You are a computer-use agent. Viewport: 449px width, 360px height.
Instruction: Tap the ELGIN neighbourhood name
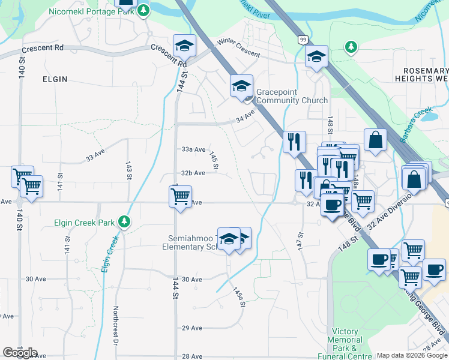click(x=55, y=79)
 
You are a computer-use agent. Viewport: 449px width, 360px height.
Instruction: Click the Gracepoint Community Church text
click(x=292, y=96)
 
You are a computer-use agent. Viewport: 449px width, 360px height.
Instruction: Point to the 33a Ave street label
click(x=193, y=149)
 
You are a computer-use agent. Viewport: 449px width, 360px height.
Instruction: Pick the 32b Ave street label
click(x=193, y=173)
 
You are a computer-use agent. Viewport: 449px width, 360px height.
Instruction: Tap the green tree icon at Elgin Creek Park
click(x=124, y=222)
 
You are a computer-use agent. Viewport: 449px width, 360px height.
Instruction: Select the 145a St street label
click(x=239, y=296)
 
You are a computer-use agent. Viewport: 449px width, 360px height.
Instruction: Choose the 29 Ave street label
click(x=191, y=328)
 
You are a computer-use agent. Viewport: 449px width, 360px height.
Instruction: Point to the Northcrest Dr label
click(x=115, y=326)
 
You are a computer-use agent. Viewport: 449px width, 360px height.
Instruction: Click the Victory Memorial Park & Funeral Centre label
click(x=345, y=344)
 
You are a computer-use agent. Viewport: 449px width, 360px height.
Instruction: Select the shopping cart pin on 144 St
click(x=180, y=196)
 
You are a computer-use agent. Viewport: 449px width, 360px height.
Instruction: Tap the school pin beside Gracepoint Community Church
click(x=241, y=86)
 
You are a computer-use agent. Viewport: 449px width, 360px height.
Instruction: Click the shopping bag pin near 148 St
click(x=375, y=140)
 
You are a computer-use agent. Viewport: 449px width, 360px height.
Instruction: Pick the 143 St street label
click(x=128, y=170)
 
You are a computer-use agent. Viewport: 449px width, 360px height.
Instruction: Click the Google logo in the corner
click(x=19, y=353)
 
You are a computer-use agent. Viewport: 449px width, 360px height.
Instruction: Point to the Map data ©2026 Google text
click(x=412, y=355)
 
